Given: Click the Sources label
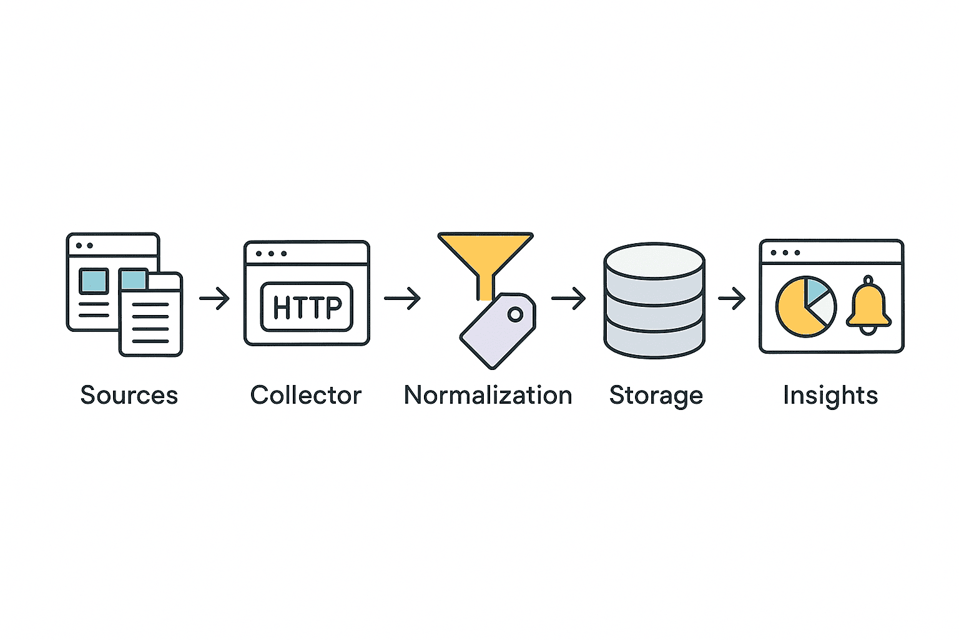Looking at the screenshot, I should (x=129, y=396).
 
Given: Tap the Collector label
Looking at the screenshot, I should (x=306, y=396).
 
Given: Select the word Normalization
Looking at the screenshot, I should (x=488, y=396).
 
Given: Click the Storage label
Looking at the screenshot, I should (x=656, y=396).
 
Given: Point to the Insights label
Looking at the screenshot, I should (x=830, y=396).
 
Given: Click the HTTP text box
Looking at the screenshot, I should (x=307, y=306).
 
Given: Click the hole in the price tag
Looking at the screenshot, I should (x=515, y=314).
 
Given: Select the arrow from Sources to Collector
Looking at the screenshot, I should (x=214, y=298).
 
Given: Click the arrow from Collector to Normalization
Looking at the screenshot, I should (x=402, y=298).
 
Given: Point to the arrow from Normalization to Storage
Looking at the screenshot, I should (x=568, y=299).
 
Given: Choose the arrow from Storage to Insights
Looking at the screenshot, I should (x=732, y=299).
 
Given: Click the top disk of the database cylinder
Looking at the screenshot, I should (x=654, y=261).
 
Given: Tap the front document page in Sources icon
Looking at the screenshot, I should (x=150, y=319).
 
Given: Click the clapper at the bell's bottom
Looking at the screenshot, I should (x=868, y=329).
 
